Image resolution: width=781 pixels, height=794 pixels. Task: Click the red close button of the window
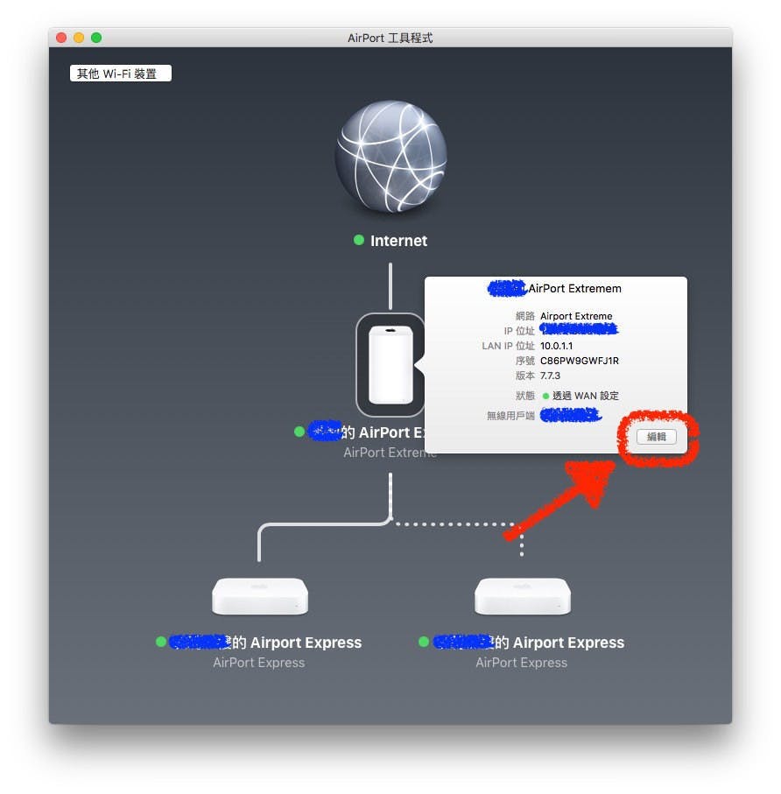click(x=61, y=38)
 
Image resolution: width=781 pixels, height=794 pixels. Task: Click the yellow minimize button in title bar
click(x=79, y=38)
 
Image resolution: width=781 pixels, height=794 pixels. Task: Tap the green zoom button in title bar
click(x=96, y=38)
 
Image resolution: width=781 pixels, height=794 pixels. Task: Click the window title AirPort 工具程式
click(x=390, y=38)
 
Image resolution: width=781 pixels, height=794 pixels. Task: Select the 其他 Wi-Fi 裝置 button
click(x=120, y=74)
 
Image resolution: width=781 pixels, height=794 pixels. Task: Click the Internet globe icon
click(x=390, y=157)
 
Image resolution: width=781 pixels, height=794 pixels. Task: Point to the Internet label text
click(x=398, y=241)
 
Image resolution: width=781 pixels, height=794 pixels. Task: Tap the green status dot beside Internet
click(x=359, y=240)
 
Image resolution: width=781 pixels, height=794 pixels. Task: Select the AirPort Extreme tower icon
click(x=390, y=364)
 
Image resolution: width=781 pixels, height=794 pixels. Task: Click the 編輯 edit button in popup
click(x=656, y=436)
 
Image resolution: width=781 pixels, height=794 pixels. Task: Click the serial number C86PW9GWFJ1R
click(x=580, y=361)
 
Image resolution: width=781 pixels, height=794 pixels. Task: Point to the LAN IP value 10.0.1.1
click(x=557, y=346)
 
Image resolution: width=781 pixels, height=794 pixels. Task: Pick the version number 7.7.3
click(x=551, y=376)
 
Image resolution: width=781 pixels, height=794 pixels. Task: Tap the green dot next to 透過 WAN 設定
click(x=545, y=396)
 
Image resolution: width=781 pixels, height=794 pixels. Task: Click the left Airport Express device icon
click(x=259, y=595)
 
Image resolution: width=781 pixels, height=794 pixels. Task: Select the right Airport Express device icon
click(x=522, y=595)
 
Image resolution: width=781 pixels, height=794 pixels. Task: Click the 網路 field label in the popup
click(x=524, y=316)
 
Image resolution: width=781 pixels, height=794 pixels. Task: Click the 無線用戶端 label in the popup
click(x=510, y=416)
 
